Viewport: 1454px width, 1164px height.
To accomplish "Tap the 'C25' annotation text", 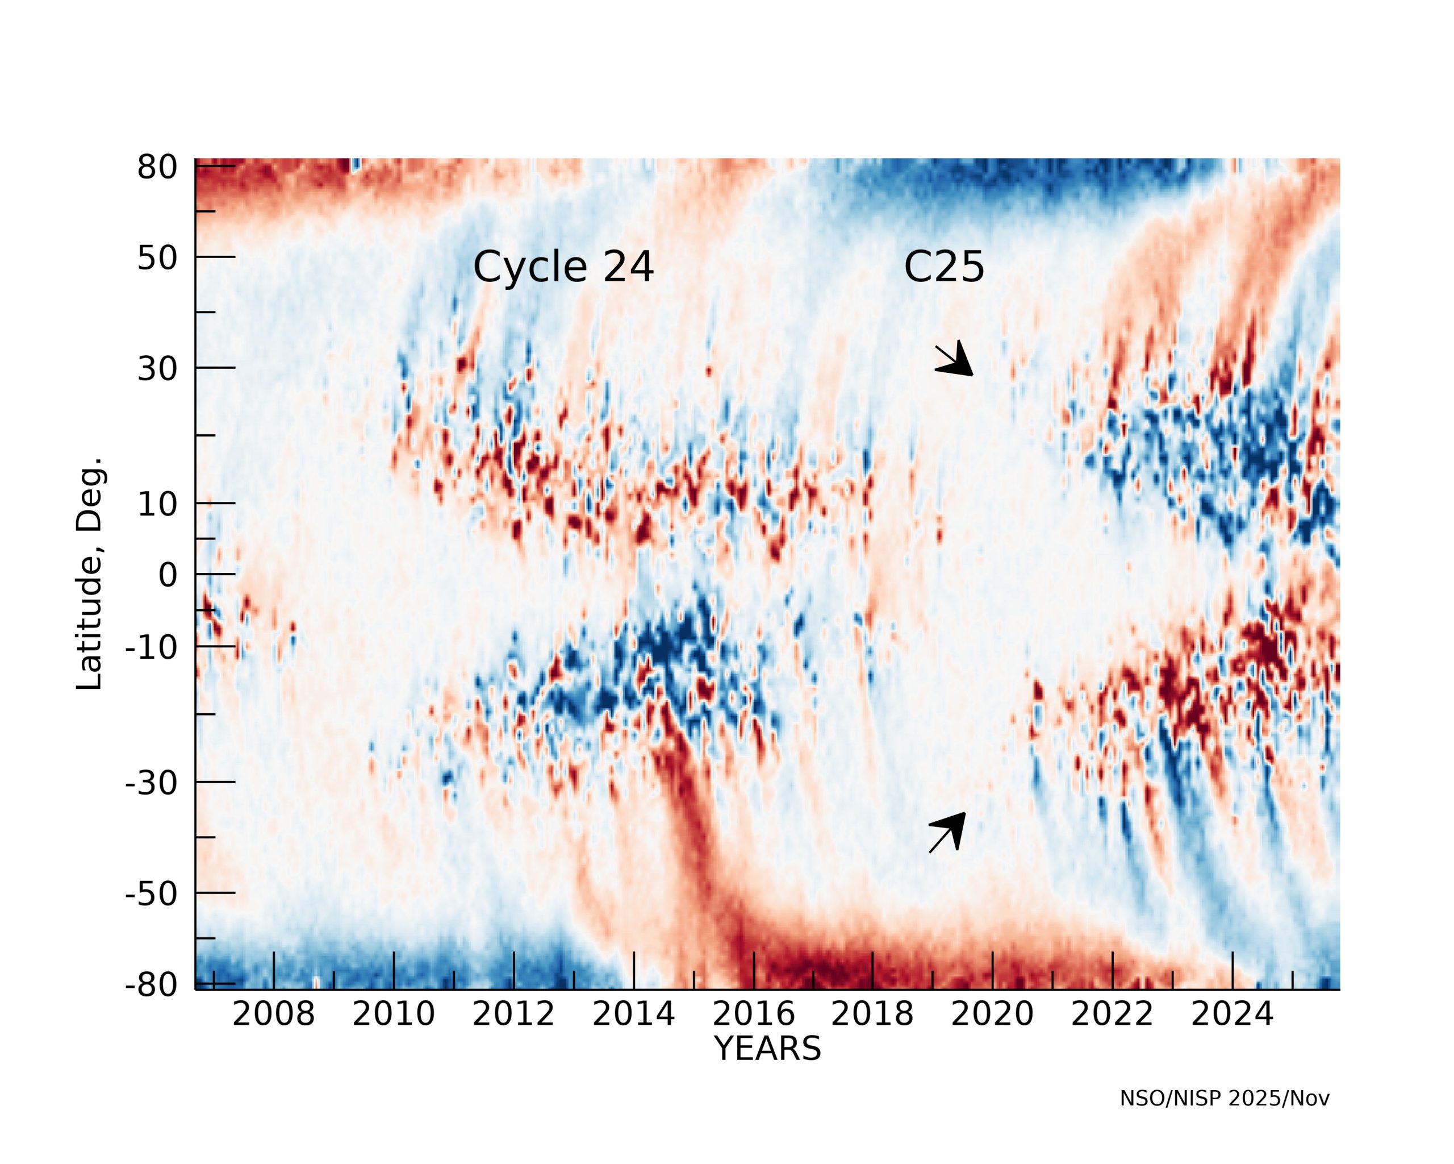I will click(943, 267).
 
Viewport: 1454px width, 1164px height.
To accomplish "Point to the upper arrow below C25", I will click(955, 360).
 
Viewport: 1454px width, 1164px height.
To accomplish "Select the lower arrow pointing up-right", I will click(947, 833).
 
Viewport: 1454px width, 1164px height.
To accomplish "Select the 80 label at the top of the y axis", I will click(157, 167).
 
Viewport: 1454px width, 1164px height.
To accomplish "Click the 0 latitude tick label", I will click(168, 576).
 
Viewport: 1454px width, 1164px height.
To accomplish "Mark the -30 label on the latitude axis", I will click(151, 783).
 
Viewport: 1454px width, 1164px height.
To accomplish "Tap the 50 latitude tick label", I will click(157, 259).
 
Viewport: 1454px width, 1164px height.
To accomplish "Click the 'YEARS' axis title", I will click(767, 1049).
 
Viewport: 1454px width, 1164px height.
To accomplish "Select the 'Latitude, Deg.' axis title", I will click(89, 573).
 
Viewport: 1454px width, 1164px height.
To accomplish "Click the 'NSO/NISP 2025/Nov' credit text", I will click(1224, 1099).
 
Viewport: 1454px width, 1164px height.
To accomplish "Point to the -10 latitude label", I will click(151, 648).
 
